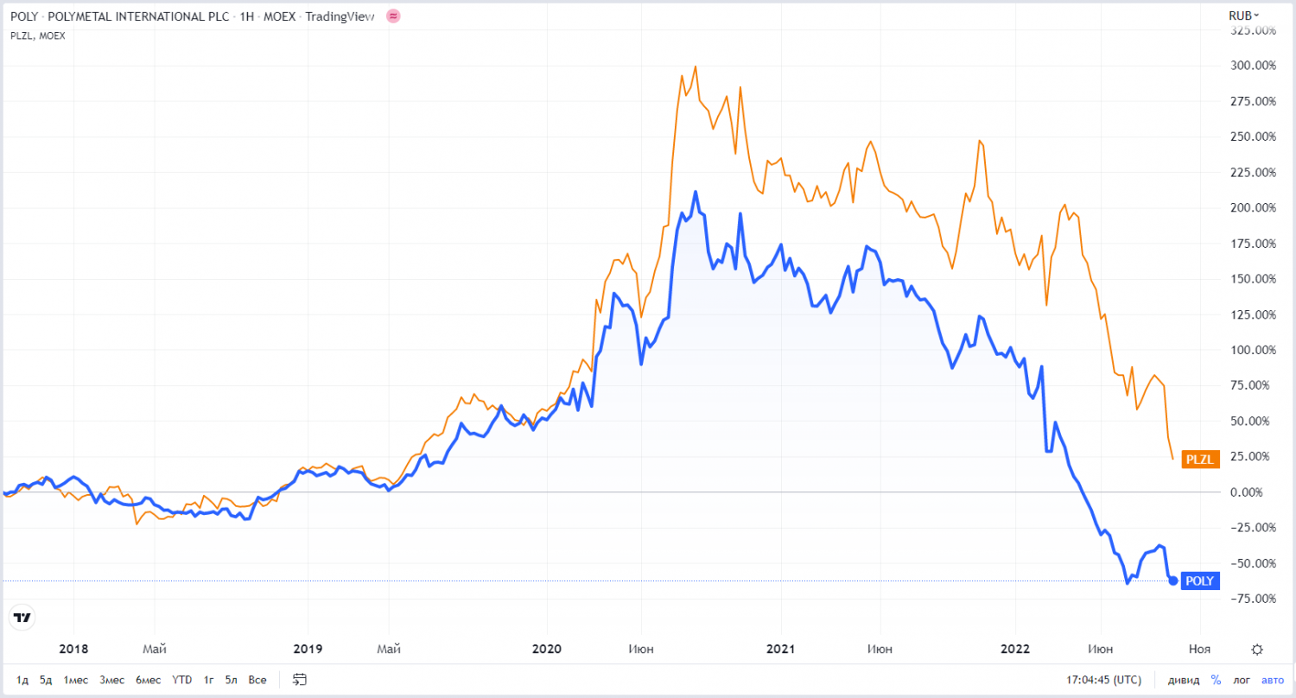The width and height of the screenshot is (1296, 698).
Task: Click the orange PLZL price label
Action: [x=1200, y=460]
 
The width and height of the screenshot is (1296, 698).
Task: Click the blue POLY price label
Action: [x=1199, y=581]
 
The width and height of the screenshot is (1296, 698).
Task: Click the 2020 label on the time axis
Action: [x=547, y=649]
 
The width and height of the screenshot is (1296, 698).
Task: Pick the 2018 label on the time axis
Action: [x=73, y=649]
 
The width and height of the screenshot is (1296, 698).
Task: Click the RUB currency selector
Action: [x=1243, y=16]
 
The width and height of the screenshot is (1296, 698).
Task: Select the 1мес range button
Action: [x=75, y=680]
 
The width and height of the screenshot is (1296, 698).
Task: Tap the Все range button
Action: [x=257, y=680]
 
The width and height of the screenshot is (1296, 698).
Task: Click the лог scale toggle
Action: [x=1242, y=680]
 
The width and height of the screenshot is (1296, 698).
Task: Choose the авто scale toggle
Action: [x=1273, y=680]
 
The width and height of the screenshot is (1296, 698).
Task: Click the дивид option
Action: [x=1184, y=680]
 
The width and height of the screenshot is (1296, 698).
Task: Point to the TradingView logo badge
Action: [x=22, y=617]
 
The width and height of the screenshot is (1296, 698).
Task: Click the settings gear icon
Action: [x=1257, y=650]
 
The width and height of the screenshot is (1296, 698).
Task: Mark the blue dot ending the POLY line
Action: [x=1172, y=581]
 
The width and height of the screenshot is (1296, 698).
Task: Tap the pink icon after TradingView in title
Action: [x=393, y=16]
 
